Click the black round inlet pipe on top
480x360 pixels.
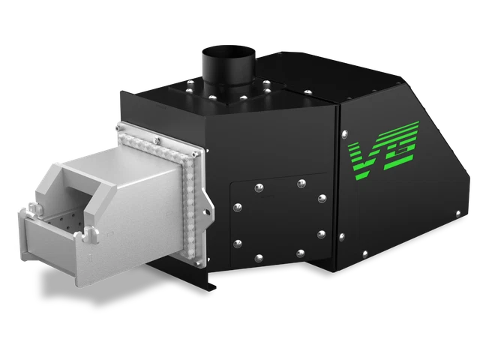point(228,67)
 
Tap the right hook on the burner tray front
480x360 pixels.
point(89,236)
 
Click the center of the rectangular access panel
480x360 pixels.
point(279,217)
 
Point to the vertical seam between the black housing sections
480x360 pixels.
point(337,187)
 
